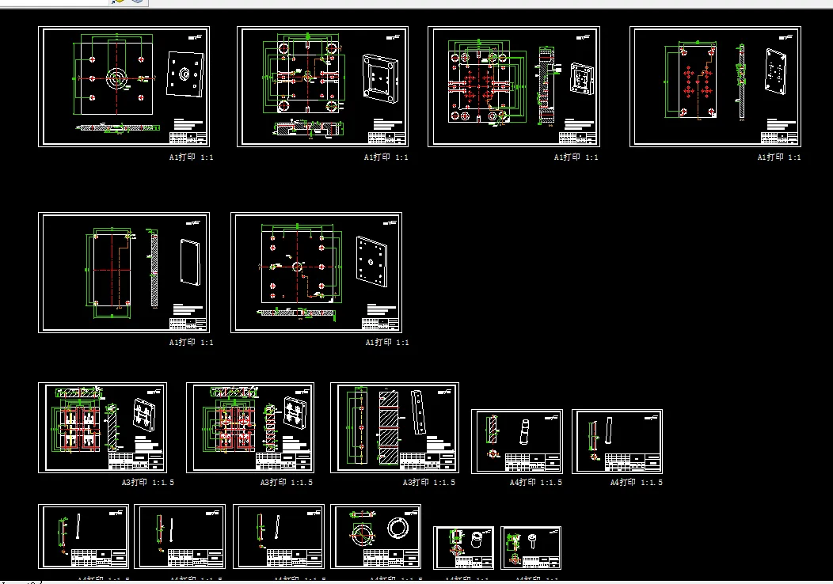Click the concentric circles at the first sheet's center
[116, 78]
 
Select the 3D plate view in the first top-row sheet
[185, 74]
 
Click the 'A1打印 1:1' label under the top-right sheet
[779, 157]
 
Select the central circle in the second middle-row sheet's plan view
[297, 267]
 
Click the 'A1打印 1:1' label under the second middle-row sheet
[387, 343]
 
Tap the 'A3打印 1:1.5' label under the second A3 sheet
[287, 482]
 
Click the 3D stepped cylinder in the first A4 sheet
[524, 432]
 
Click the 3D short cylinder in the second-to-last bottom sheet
[477, 540]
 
